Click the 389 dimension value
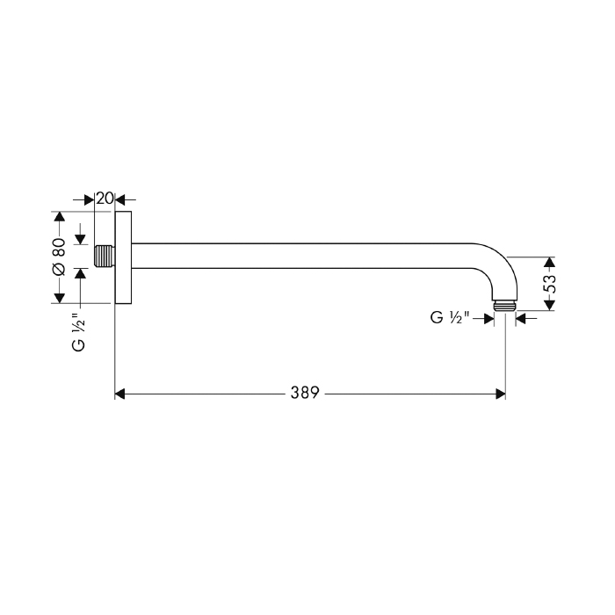(x=305, y=393)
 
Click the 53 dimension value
(x=551, y=284)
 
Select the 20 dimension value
(x=105, y=199)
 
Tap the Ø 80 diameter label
(x=59, y=257)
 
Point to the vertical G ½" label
(x=79, y=332)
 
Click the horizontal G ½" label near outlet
(x=450, y=317)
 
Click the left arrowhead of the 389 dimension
(x=119, y=394)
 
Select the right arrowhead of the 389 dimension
(x=501, y=394)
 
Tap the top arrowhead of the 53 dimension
(x=550, y=262)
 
